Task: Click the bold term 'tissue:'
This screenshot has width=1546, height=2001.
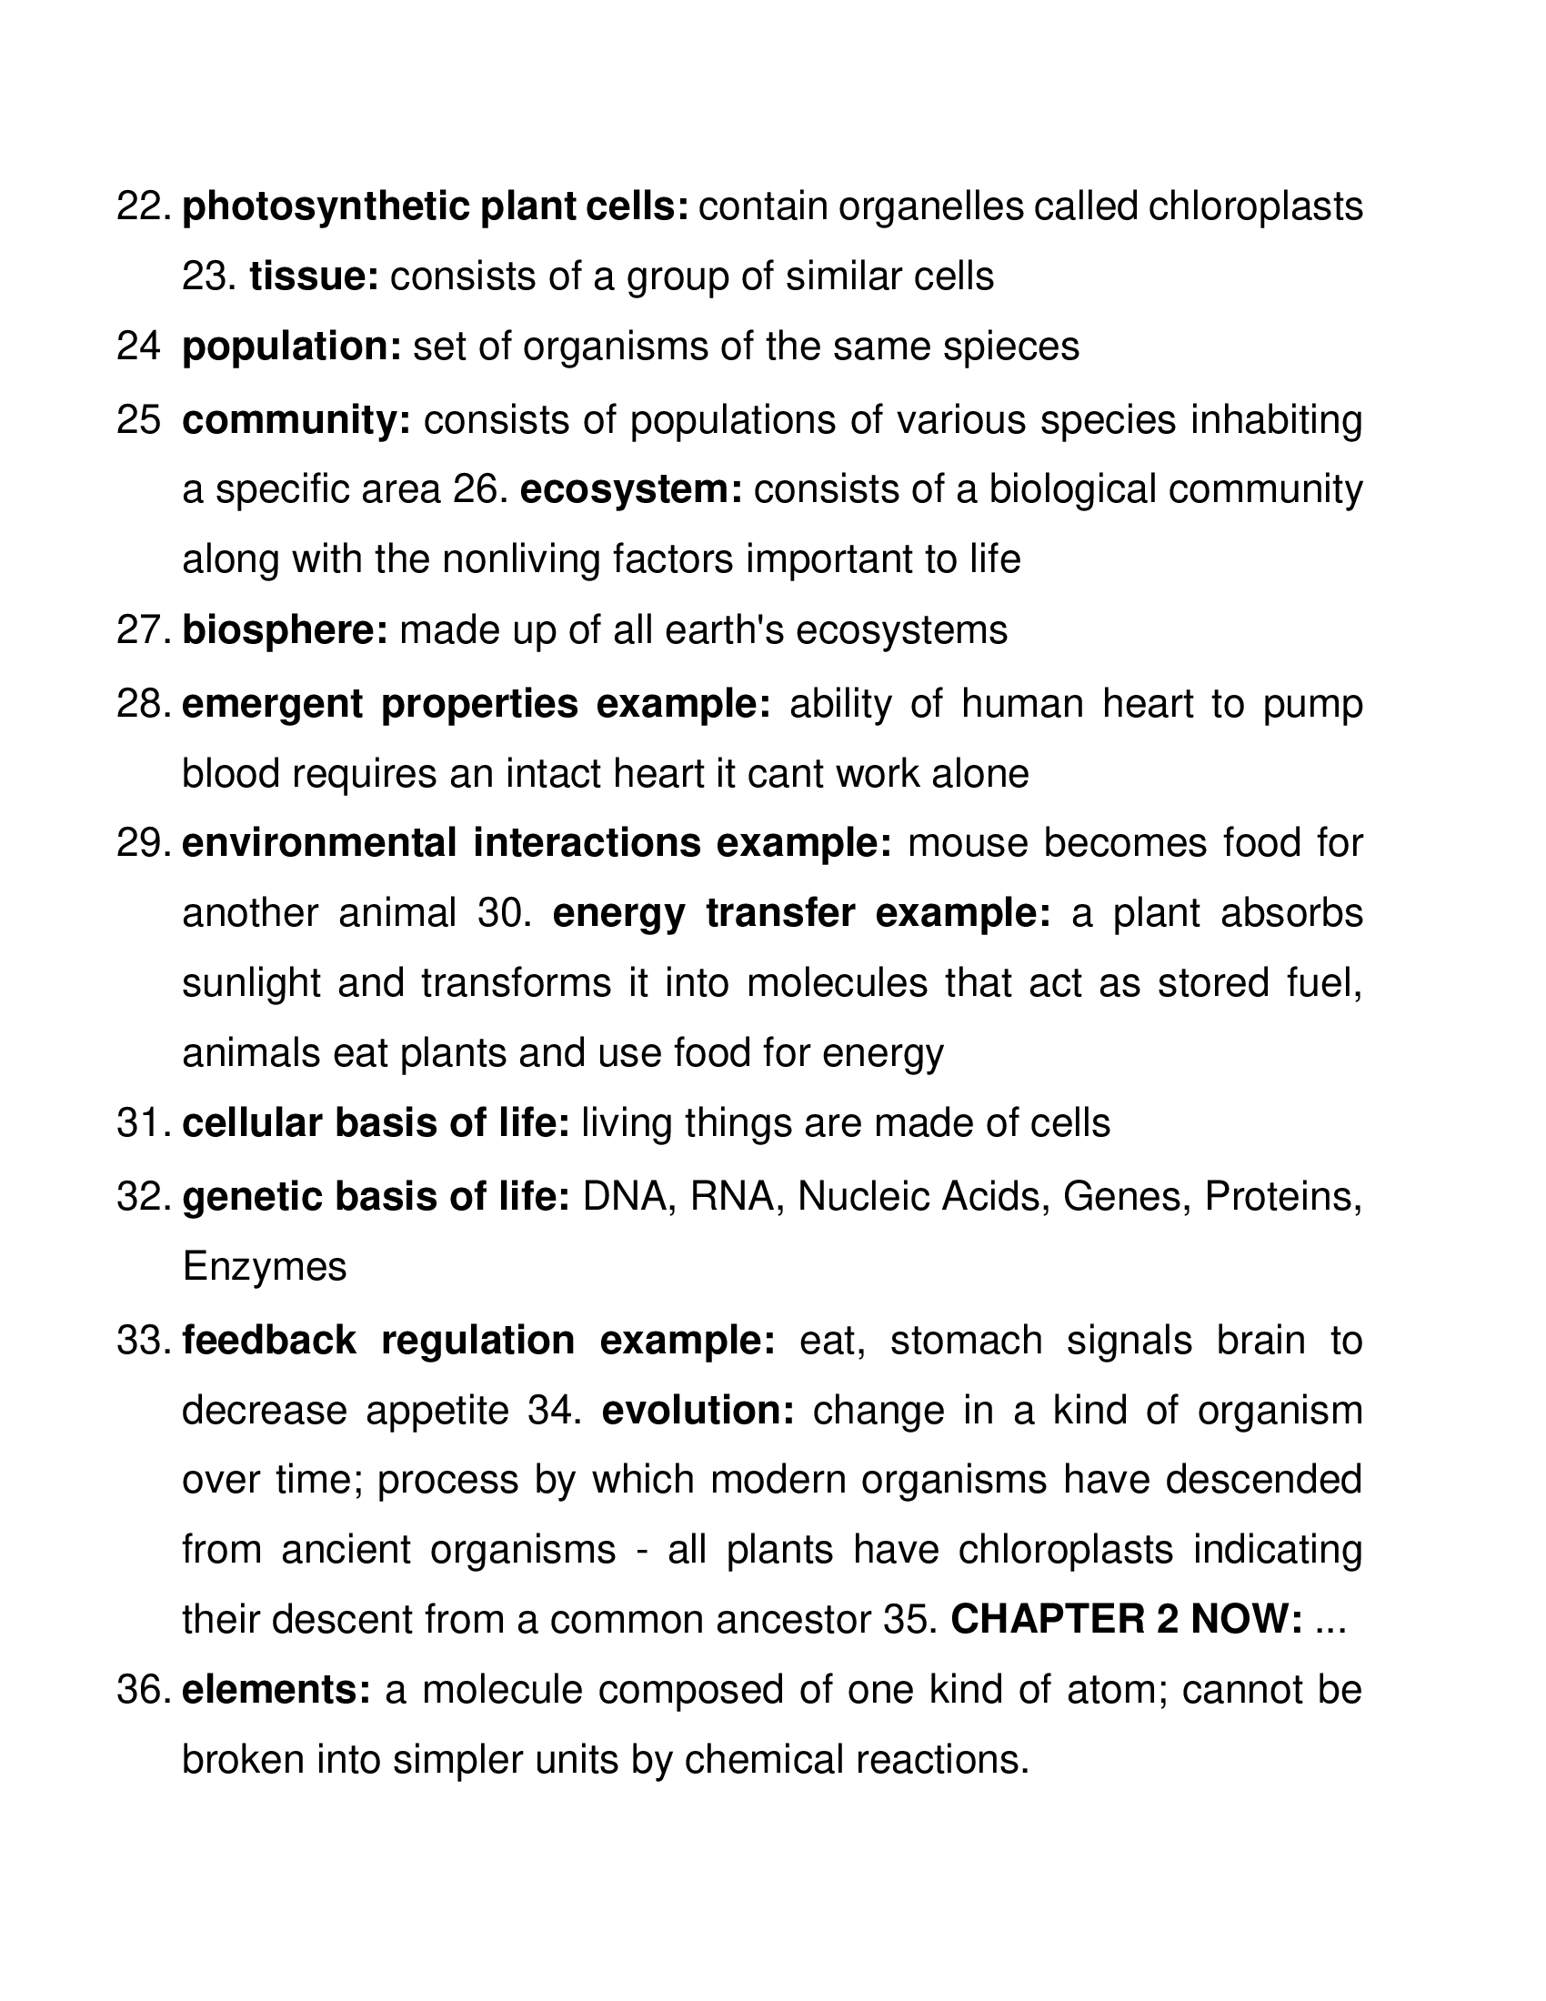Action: [314, 277]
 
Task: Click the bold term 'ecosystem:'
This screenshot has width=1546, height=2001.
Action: [631, 489]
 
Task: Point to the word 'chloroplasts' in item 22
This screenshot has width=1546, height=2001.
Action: [1255, 207]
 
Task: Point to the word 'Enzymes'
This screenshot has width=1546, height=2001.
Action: [265, 1268]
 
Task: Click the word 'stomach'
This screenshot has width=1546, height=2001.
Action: [966, 1341]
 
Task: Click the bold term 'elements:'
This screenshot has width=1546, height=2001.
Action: [276, 1691]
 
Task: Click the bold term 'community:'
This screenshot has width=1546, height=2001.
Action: [296, 419]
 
